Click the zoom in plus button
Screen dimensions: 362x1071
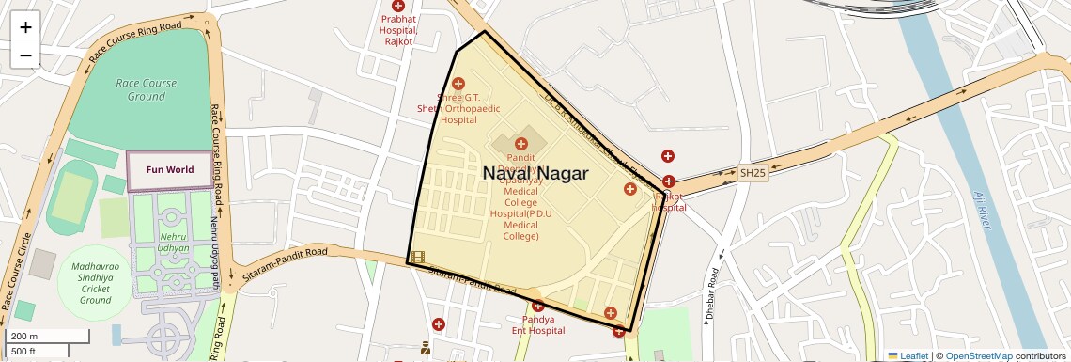point(25,27)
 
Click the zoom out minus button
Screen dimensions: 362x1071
point(25,55)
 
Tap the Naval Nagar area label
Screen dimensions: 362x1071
point(535,174)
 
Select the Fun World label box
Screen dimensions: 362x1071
point(170,170)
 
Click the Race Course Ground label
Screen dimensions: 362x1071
point(147,89)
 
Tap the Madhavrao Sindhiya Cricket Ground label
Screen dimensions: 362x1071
point(96,283)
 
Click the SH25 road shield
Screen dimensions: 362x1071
point(753,173)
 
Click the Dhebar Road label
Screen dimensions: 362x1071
point(711,292)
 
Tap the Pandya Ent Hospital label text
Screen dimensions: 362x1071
point(538,325)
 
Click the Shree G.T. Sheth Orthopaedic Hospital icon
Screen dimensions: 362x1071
point(458,84)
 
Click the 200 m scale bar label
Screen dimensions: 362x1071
point(25,336)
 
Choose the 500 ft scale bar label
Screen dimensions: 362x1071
point(24,351)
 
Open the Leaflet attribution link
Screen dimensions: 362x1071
point(914,355)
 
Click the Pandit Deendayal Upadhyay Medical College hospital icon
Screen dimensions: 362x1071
point(520,144)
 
